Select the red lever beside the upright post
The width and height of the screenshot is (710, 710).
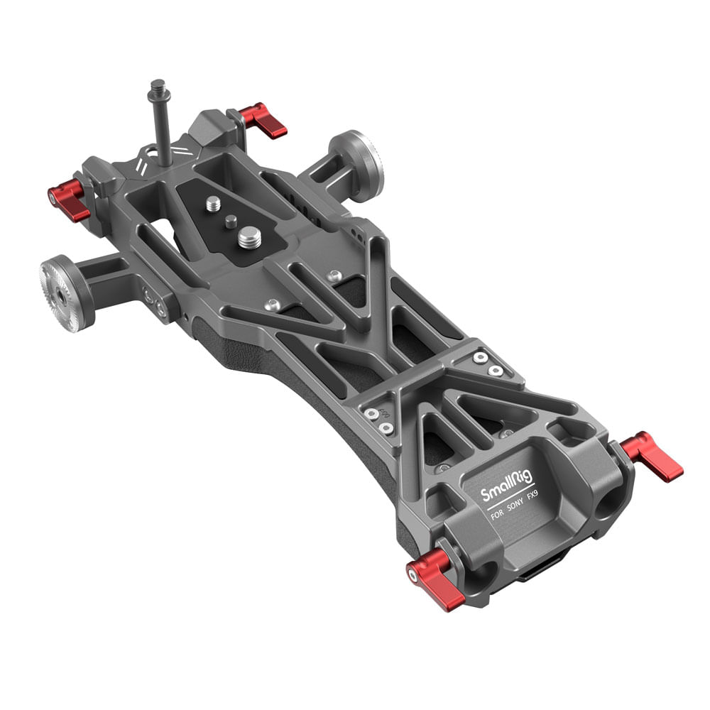[264, 120]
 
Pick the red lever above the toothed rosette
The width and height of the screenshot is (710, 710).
[68, 201]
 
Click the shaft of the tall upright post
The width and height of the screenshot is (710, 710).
[161, 135]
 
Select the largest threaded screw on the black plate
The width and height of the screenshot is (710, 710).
[249, 237]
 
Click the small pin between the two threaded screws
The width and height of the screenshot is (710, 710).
[230, 221]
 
